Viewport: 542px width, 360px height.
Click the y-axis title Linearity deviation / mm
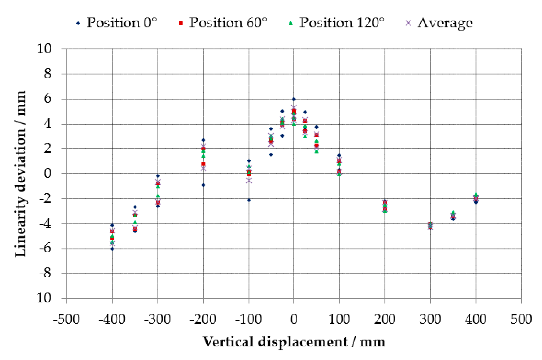20,174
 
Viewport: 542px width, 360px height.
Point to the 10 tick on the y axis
44,49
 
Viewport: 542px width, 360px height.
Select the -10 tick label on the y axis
42,298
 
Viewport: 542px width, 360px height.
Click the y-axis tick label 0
47,173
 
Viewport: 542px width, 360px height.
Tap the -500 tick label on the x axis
66,319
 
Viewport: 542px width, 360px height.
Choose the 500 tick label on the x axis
521,319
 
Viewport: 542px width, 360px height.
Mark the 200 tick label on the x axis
385,319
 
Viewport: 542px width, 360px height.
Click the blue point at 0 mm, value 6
294,99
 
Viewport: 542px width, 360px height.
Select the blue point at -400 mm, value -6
112,249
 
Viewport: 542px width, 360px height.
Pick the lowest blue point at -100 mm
249,200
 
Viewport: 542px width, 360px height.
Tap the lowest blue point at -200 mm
203,185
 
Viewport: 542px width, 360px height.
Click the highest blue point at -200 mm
203,140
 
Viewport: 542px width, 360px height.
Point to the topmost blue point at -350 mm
135,207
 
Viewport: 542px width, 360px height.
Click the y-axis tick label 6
47,99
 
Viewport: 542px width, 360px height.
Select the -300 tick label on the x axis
157,319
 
